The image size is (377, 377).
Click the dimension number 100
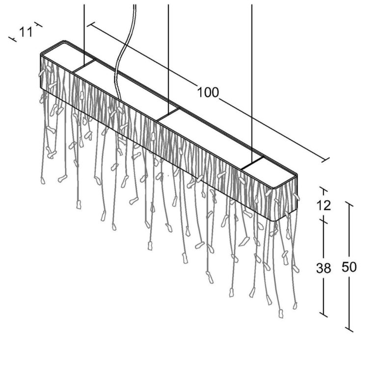[x=208, y=92]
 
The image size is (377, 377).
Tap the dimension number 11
[x=26, y=32]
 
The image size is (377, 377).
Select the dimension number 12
[x=323, y=206]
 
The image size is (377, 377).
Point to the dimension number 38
[x=323, y=268]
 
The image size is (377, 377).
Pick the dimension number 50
[x=349, y=267]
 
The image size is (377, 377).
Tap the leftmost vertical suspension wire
[x=84, y=34]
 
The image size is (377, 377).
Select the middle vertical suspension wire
[x=168, y=58]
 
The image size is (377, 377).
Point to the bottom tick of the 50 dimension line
[x=349, y=330]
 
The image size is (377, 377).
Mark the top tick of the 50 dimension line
[x=349, y=205]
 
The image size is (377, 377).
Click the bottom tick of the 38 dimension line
[x=323, y=315]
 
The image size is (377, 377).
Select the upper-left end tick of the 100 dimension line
[x=91, y=24]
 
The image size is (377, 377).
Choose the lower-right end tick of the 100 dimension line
[x=325, y=161]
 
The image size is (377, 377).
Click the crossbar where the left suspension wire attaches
[x=84, y=66]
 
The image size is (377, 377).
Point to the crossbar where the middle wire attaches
[x=168, y=114]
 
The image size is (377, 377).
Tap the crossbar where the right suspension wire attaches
[x=252, y=163]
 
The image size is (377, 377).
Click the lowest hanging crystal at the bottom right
[x=281, y=314]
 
